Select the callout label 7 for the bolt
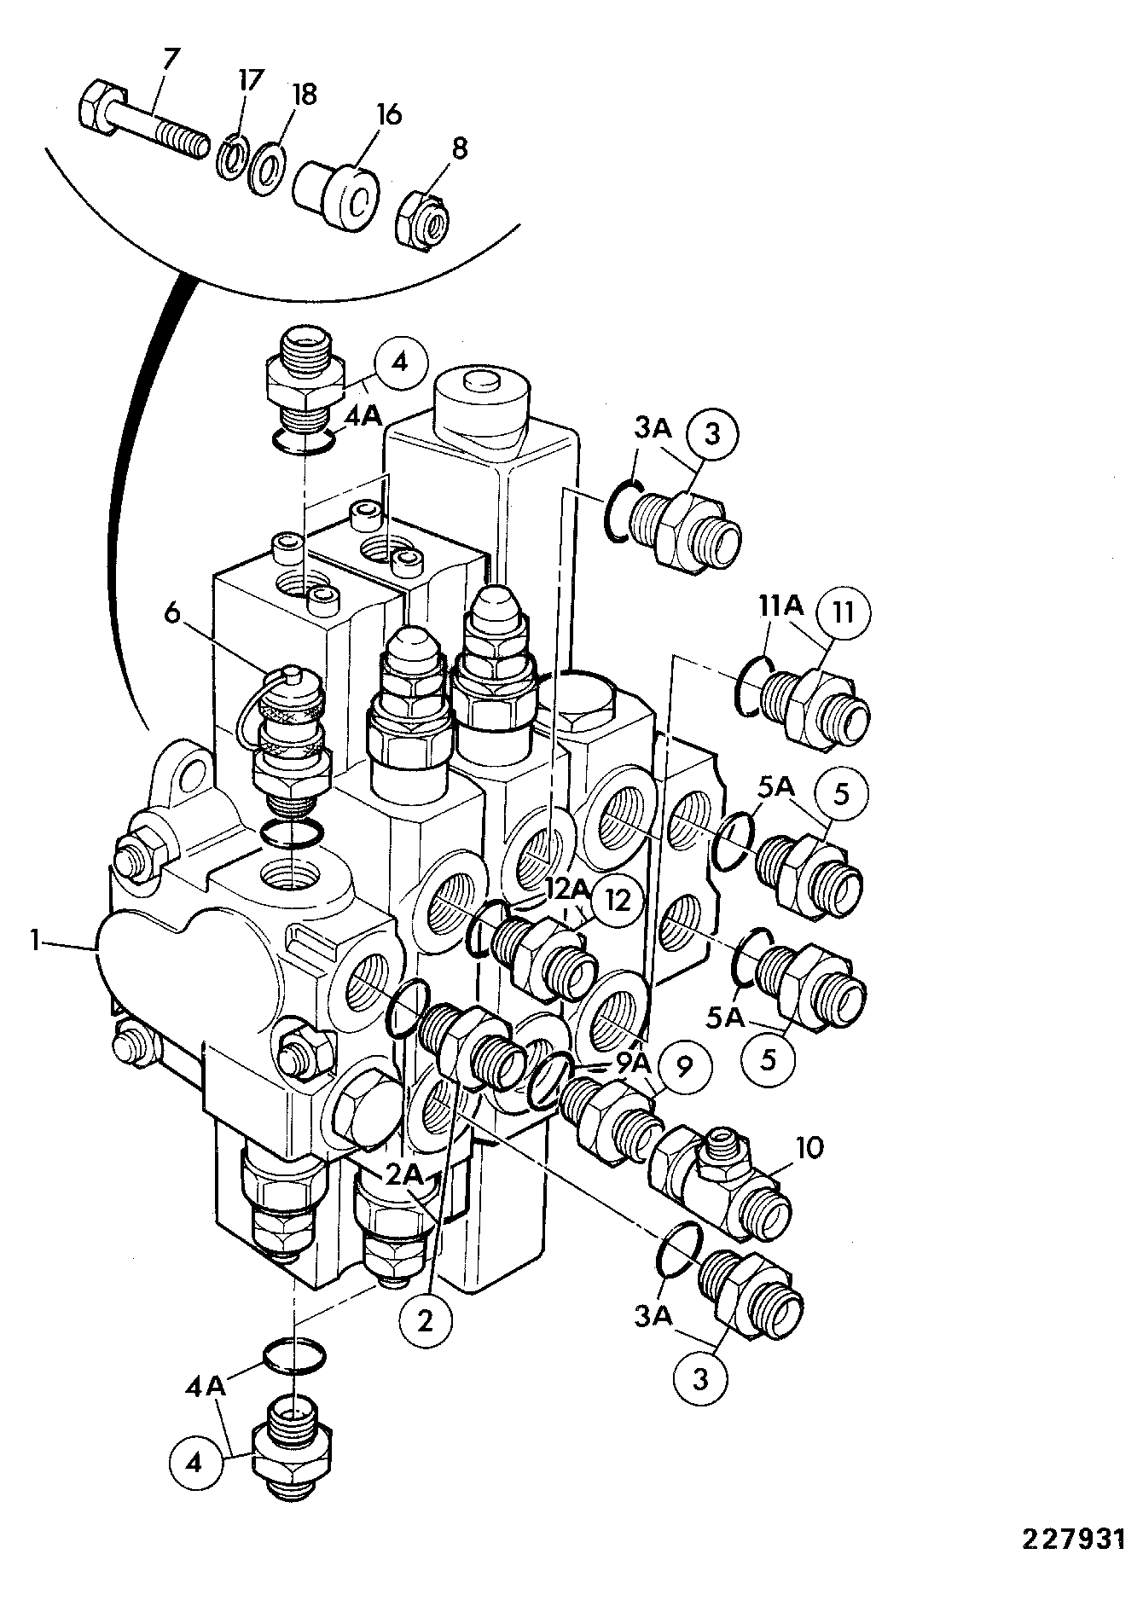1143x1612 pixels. (x=171, y=61)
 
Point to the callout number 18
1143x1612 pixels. (x=304, y=94)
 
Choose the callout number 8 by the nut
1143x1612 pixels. (x=459, y=149)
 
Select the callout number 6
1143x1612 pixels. (x=173, y=615)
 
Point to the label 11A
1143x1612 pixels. (x=780, y=607)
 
